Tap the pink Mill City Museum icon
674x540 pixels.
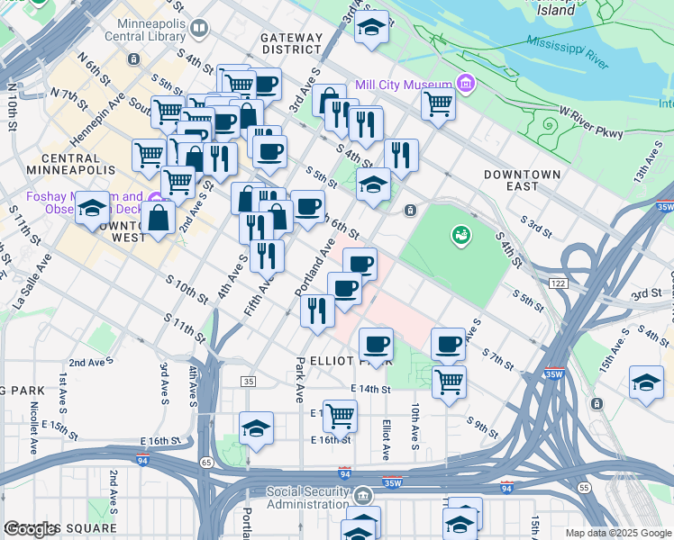(x=466, y=85)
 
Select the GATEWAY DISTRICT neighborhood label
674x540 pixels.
(x=291, y=43)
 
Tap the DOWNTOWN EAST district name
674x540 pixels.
(x=522, y=174)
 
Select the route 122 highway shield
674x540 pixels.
(x=557, y=283)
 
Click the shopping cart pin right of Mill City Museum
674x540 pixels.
(x=438, y=104)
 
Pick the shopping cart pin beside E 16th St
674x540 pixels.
(x=340, y=416)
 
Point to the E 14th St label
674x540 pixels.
(x=370, y=389)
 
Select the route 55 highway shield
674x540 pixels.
(x=584, y=487)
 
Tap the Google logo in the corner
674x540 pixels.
(x=32, y=529)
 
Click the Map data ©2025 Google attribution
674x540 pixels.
(x=616, y=533)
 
